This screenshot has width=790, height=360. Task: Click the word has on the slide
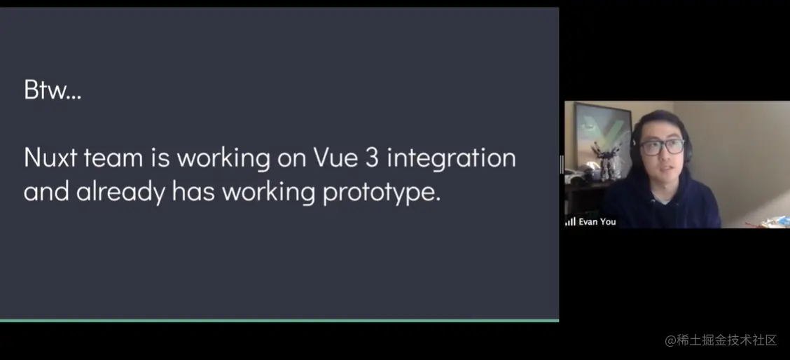pos(193,192)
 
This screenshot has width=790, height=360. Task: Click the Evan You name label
pos(597,222)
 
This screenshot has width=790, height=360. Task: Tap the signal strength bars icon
pos(570,222)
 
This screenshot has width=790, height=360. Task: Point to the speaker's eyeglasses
pos(662,146)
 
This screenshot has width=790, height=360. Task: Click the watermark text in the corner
pos(721,340)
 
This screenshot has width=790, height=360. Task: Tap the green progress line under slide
pos(279,320)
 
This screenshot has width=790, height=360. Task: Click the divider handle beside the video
pos(562,165)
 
